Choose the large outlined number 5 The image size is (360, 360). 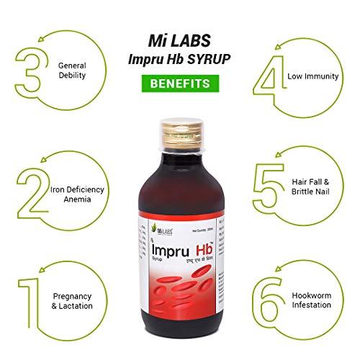pos(272,191)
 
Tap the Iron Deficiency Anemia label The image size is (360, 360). pos(77,194)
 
